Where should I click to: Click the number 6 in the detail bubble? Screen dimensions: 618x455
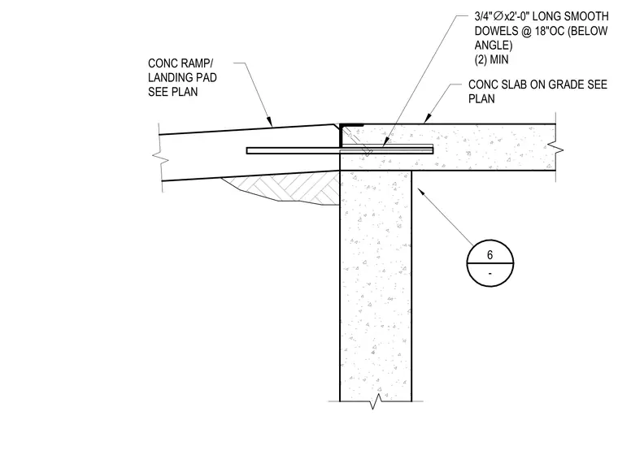[490, 255]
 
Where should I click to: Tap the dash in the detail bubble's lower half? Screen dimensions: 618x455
[490, 273]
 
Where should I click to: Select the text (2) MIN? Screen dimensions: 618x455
[491, 59]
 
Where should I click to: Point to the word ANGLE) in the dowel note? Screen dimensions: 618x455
[494, 45]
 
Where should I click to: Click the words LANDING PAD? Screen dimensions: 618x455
[182, 78]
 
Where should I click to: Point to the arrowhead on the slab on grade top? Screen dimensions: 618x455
[426, 119]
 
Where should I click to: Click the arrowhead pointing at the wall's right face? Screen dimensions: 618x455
[421, 193]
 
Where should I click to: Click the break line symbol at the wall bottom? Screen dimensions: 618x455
[376, 401]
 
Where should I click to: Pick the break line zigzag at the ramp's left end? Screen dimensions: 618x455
[160, 158]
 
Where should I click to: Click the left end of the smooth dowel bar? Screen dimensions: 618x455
[247, 150]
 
